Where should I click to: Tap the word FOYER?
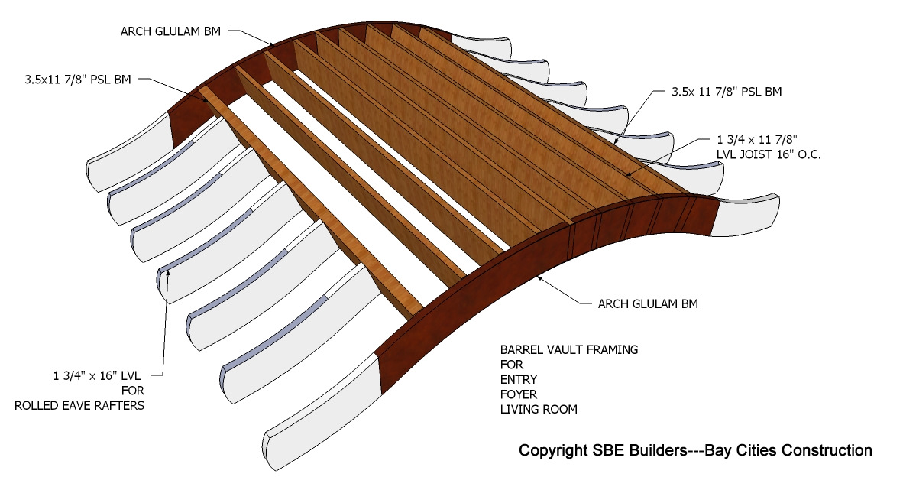519,394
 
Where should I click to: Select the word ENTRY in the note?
519,379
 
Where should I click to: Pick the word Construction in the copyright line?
827,450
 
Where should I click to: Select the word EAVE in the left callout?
67,405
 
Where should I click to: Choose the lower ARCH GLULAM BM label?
648,304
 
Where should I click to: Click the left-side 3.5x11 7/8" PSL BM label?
76,78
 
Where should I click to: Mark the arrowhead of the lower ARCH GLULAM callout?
539,277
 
